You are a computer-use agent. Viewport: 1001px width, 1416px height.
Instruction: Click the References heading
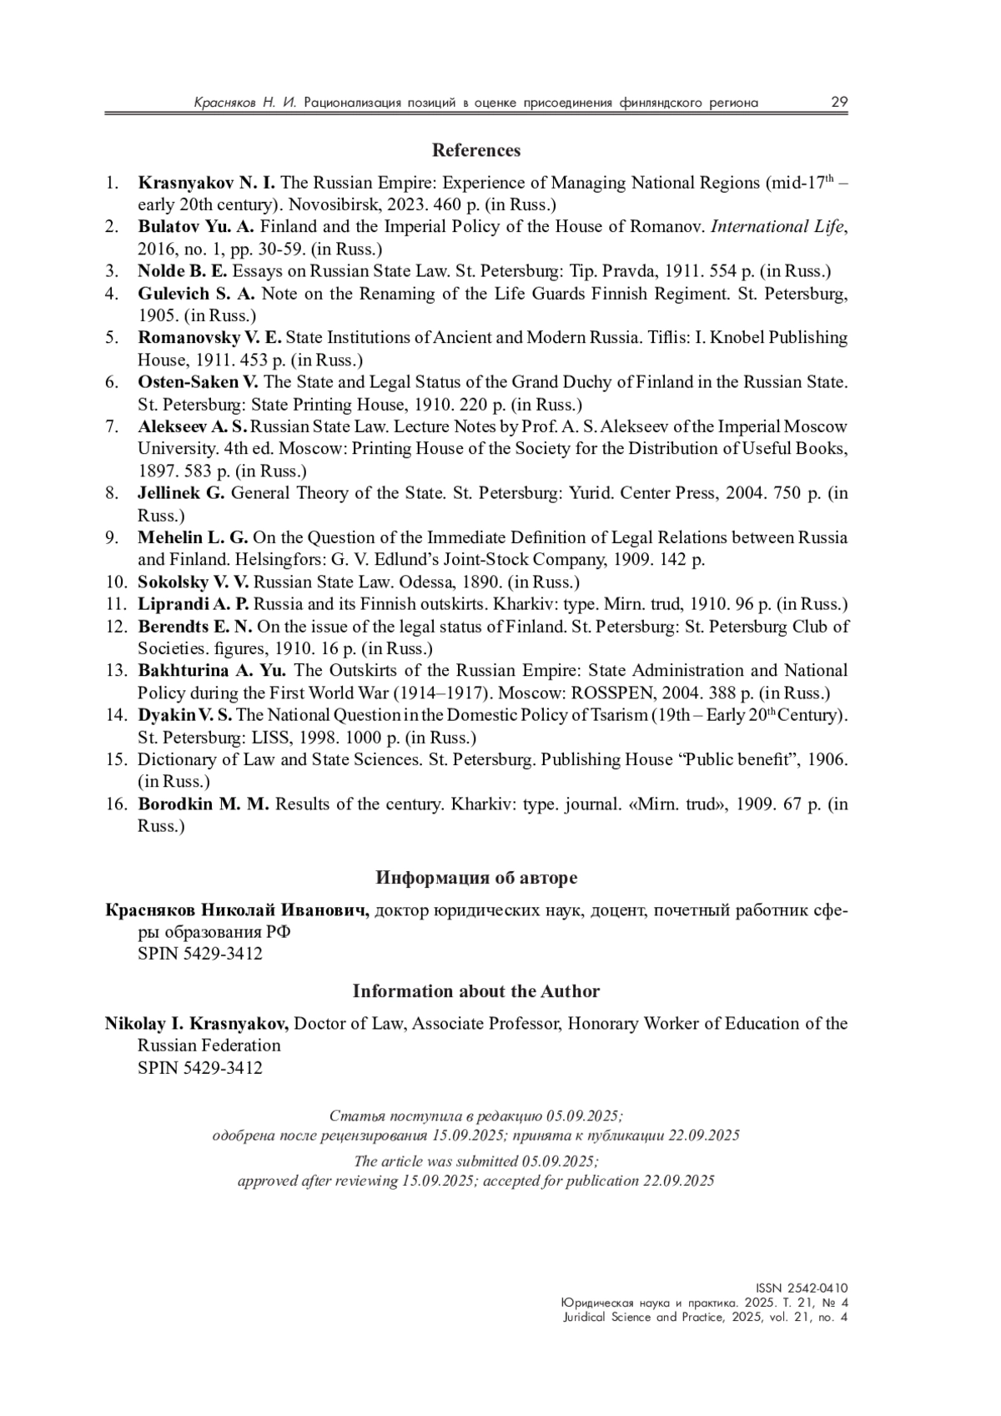(475, 150)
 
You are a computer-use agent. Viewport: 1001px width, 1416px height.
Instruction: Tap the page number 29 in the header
(838, 103)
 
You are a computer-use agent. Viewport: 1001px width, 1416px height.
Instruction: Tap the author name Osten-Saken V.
(198, 382)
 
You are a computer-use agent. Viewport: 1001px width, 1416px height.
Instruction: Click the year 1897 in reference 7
(155, 471)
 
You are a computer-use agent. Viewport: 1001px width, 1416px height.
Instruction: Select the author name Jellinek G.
(181, 493)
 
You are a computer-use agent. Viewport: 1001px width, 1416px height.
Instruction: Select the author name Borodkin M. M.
(204, 804)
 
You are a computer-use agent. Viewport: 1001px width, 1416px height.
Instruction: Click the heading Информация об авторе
(475, 878)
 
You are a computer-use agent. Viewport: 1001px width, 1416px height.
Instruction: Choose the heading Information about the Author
(475, 991)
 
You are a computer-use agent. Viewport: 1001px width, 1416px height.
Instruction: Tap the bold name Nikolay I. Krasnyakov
(197, 1024)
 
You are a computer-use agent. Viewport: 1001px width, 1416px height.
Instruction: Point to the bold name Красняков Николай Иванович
(237, 910)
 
